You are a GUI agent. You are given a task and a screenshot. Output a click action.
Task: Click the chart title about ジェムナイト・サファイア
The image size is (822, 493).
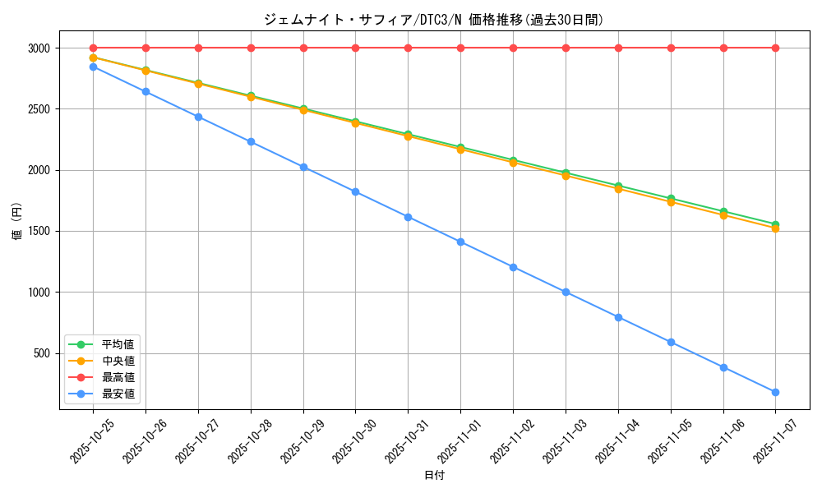(x=433, y=20)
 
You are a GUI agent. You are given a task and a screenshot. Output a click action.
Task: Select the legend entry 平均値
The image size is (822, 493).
(x=118, y=343)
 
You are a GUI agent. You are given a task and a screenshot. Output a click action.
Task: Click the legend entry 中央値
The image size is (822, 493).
(x=118, y=360)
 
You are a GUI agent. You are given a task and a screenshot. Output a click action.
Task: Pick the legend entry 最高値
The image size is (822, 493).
(x=118, y=377)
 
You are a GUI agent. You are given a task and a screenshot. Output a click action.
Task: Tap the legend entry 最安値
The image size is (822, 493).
(x=118, y=394)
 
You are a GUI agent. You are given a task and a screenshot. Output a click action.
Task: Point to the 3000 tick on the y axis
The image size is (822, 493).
(x=39, y=48)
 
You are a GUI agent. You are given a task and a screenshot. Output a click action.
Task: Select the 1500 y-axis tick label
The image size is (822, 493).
(x=39, y=231)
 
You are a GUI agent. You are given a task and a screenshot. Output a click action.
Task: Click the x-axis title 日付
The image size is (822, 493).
(x=434, y=476)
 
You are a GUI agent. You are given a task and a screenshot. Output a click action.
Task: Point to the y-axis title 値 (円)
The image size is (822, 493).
(x=17, y=222)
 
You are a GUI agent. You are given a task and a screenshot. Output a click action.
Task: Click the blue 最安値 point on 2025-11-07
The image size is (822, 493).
(x=775, y=392)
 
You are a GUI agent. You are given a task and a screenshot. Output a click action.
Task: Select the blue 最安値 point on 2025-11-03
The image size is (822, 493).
(x=566, y=292)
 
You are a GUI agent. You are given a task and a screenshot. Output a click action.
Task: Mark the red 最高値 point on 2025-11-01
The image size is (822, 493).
(x=460, y=48)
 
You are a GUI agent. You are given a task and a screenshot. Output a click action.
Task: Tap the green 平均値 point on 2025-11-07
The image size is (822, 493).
(x=775, y=224)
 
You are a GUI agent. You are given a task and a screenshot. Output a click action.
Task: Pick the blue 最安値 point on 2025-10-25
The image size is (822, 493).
(x=93, y=67)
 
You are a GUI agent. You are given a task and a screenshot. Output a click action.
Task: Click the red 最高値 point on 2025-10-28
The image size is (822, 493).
(x=251, y=48)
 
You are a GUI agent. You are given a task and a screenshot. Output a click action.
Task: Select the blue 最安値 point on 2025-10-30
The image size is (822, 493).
(x=355, y=191)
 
